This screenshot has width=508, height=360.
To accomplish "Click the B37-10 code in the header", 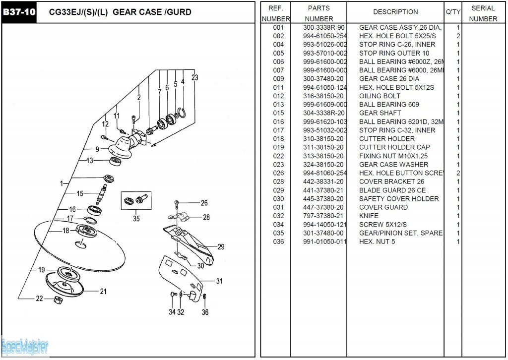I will coord(19,12).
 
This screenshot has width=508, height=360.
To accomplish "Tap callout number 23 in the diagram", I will coord(195,77).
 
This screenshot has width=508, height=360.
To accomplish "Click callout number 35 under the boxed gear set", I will coord(136,218).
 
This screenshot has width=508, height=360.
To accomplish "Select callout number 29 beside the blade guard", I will coord(221,247).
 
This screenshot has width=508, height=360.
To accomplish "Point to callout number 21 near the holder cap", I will coord(103,292).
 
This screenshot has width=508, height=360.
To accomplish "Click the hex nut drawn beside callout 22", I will coord(57,300).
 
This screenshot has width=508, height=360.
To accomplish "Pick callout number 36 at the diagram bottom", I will coord(205,312).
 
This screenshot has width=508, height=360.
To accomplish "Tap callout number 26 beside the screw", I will coord(204,203).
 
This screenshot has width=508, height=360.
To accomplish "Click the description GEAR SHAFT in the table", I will coord(380,113).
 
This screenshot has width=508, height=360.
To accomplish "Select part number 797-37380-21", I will coord(323,216).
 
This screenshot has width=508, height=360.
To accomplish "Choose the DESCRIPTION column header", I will coord(395,12).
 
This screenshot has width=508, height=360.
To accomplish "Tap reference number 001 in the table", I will coord(278,27).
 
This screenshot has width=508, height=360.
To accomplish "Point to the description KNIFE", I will coord(369,216).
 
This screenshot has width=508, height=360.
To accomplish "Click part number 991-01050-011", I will coord(325,241).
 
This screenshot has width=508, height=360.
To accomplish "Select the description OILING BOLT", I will coord(380,96).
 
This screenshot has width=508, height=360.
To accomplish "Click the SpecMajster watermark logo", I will coord(25,346).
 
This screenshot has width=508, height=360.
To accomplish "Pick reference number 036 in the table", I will coord(278,241).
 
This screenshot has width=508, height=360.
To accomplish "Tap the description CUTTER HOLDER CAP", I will coord(394,147).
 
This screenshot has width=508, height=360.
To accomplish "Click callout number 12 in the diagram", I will coord(105,123).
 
